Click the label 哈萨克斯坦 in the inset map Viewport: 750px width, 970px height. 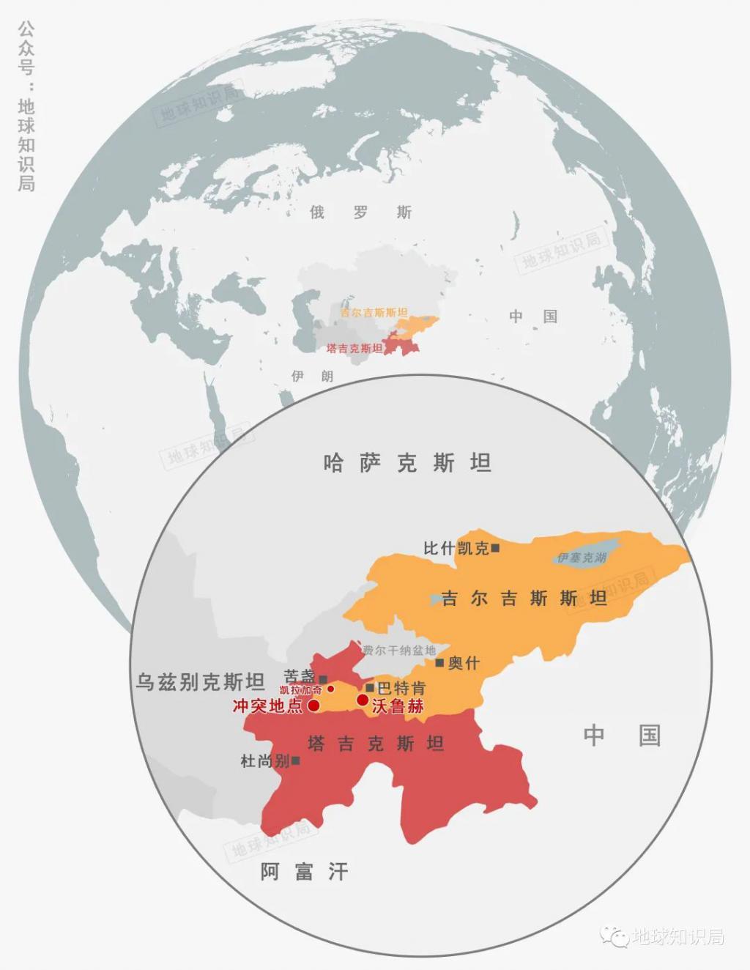coord(406,463)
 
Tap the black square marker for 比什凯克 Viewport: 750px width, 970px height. coord(496,547)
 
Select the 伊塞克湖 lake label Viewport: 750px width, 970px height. coord(582,558)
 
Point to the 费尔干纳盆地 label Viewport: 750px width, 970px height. coord(399,650)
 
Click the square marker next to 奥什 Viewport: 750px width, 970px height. coord(439,662)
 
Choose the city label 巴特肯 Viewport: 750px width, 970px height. coord(401,688)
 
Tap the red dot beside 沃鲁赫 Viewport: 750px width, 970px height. coord(363,700)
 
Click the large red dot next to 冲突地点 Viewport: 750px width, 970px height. coord(313,706)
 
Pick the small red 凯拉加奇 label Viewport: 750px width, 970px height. coord(300,690)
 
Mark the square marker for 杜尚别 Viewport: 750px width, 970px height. coord(296,760)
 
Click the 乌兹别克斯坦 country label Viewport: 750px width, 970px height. coord(200,682)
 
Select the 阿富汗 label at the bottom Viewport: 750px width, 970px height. coord(304,871)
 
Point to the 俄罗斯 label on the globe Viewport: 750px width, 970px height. coord(360,212)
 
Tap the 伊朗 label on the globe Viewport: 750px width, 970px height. coord(312,376)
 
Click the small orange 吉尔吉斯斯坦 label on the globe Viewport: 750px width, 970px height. coord(374,313)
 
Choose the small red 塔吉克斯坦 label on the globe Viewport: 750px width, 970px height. coord(354,349)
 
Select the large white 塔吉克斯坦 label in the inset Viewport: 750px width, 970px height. coord(376,744)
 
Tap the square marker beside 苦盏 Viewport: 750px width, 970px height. coord(323,679)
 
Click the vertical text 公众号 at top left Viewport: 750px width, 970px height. coord(26,48)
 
